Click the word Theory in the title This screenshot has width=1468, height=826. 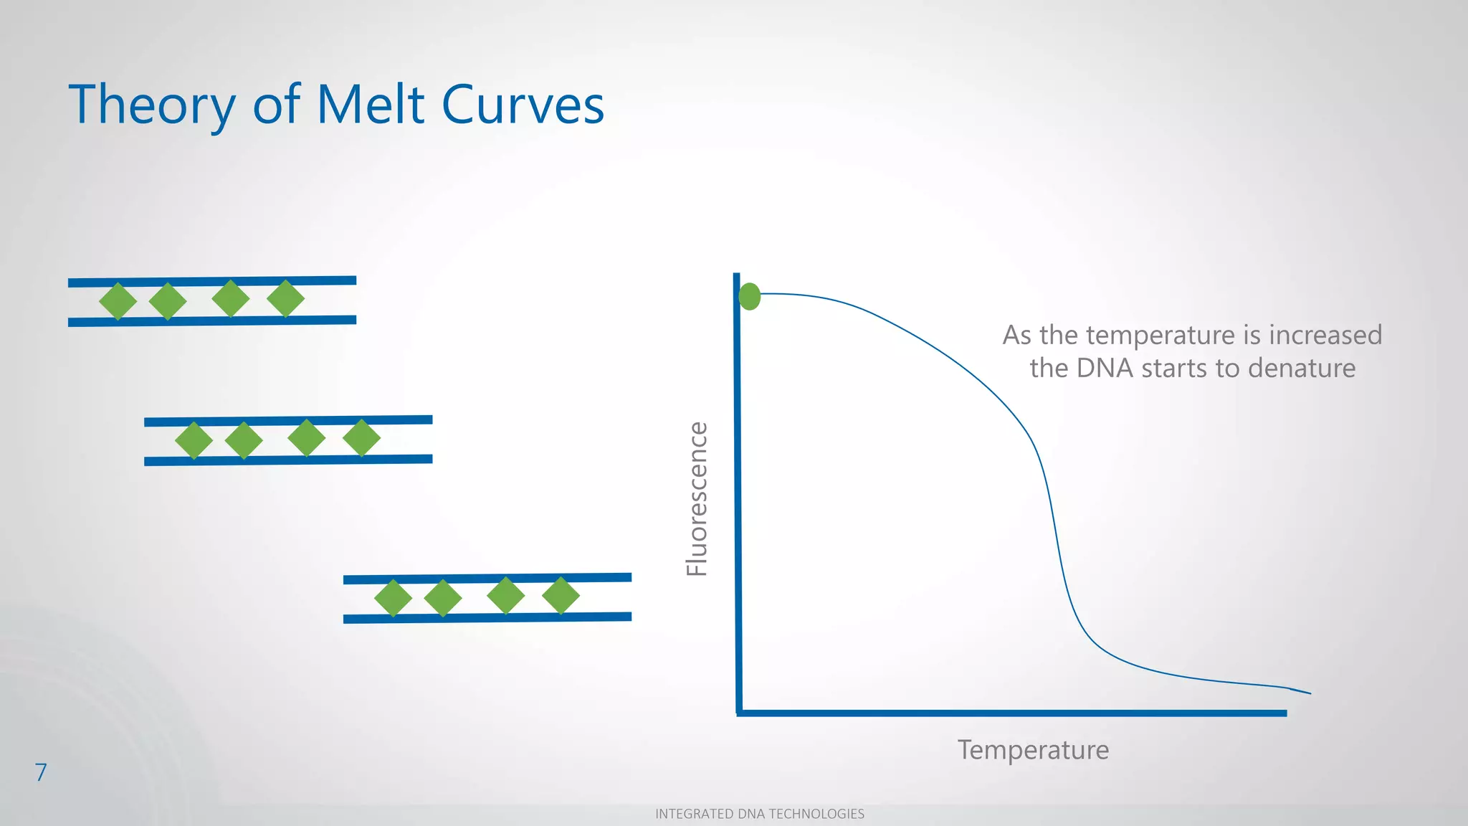click(x=151, y=105)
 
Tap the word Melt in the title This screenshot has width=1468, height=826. click(x=371, y=105)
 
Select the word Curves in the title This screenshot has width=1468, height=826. click(x=523, y=105)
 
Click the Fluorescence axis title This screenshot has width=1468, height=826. click(x=697, y=499)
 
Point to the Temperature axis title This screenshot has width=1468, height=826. click(x=1033, y=750)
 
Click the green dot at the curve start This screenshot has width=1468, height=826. click(x=749, y=296)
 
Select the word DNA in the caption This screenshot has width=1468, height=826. click(x=1105, y=369)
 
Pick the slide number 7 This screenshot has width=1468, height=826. click(x=41, y=772)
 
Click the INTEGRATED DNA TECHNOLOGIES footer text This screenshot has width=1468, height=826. click(x=759, y=814)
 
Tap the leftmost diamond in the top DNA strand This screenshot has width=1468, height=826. click(x=118, y=301)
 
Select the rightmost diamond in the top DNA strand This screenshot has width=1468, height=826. click(x=285, y=298)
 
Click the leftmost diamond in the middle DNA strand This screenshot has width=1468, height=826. click(x=194, y=440)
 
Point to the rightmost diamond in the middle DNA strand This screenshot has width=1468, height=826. click(x=361, y=437)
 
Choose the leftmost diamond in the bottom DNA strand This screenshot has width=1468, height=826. click(x=393, y=598)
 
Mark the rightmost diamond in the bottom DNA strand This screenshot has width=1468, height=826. click(x=561, y=595)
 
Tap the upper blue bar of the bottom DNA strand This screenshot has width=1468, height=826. click(x=487, y=578)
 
